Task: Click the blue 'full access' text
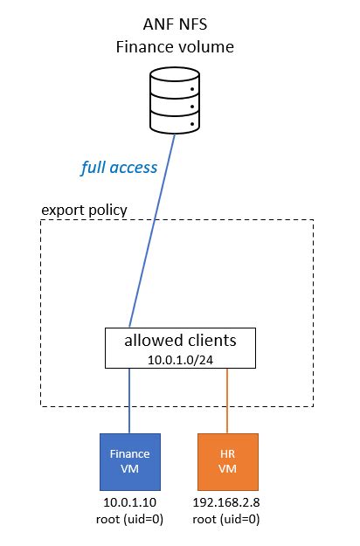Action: point(119,167)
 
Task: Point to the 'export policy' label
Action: point(84,211)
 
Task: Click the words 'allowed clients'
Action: point(180,339)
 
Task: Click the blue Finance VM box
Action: point(129,462)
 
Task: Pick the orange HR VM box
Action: point(227,462)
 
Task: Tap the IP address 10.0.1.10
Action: point(129,504)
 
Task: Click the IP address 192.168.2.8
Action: point(227,504)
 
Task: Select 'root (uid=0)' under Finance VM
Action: point(129,520)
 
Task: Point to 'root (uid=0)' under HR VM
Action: point(227,520)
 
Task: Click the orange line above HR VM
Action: point(228,400)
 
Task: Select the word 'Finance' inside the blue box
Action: point(129,454)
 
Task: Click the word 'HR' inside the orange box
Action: point(227,454)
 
